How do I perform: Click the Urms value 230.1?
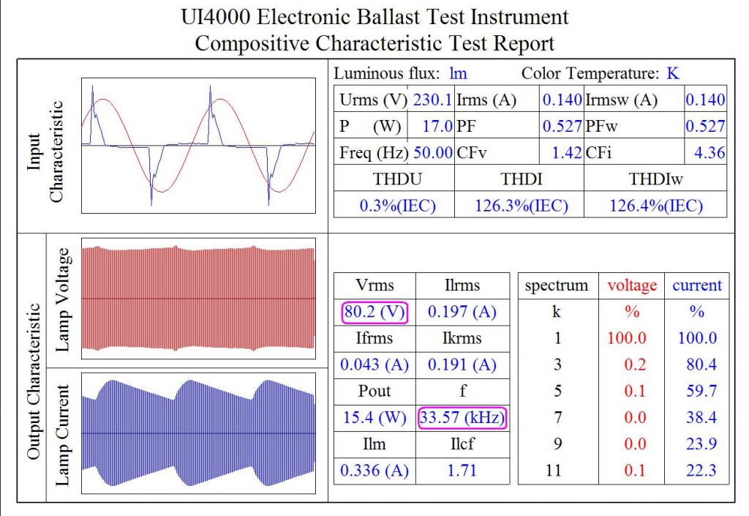click(432, 100)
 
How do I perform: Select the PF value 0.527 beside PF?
click(562, 126)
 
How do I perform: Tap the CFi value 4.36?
click(710, 153)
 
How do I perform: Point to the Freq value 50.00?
click(433, 153)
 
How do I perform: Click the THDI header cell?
click(521, 179)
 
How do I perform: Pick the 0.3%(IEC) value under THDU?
click(397, 206)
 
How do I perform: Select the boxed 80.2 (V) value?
click(374, 312)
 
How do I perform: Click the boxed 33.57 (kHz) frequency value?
click(462, 418)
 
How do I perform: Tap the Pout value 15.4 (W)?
click(374, 418)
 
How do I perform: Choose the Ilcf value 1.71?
click(462, 471)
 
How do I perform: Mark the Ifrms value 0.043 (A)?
click(374, 365)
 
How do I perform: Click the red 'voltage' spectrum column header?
click(632, 285)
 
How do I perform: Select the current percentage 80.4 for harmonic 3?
click(701, 365)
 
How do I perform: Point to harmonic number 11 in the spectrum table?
click(554, 471)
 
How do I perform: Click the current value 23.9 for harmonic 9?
click(701, 444)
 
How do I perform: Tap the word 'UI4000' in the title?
click(216, 18)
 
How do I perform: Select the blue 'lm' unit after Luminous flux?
click(458, 74)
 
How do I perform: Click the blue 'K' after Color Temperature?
click(673, 74)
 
